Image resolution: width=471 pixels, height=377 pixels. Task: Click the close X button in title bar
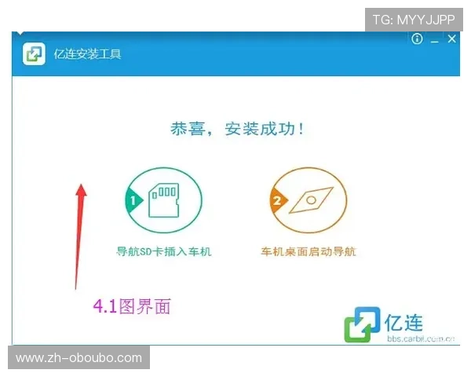click(x=451, y=39)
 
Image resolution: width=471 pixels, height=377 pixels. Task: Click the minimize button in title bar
click(x=434, y=40)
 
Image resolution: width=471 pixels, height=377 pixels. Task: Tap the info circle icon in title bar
click(x=417, y=39)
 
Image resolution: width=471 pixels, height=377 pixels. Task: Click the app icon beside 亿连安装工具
click(x=34, y=54)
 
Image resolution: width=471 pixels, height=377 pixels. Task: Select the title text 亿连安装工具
click(x=87, y=54)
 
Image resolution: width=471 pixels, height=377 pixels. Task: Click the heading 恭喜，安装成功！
click(x=237, y=129)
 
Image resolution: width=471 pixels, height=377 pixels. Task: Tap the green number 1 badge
click(x=133, y=201)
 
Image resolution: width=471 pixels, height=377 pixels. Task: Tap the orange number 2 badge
click(x=276, y=201)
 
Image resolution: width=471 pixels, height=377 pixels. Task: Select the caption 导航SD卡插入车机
click(x=163, y=252)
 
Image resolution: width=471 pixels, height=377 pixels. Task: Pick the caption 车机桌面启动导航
click(x=309, y=252)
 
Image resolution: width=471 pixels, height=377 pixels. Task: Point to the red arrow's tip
click(x=81, y=187)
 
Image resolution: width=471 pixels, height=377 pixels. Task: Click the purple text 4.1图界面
click(x=131, y=306)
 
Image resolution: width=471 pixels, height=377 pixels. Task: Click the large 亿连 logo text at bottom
click(x=404, y=321)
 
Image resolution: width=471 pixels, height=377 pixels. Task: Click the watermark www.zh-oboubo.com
click(x=78, y=358)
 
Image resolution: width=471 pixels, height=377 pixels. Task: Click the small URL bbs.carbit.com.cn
click(x=421, y=339)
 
